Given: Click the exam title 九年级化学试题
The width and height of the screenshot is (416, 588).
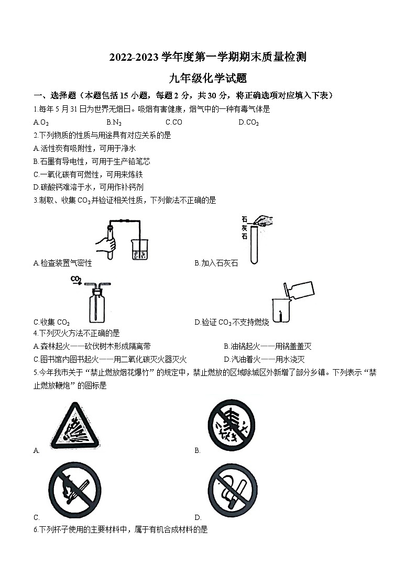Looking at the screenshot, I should tap(207, 79).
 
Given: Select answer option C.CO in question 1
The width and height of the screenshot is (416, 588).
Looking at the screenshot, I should tap(173, 123).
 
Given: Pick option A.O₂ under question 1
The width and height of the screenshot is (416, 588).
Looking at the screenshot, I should tap(41, 123).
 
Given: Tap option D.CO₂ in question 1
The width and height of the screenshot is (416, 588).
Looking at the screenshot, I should tap(248, 123).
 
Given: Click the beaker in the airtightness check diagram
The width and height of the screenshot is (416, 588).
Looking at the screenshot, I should tap(139, 250).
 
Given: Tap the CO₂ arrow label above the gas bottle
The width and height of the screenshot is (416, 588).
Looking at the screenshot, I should tap(77, 279).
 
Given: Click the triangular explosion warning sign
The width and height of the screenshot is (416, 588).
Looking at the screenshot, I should tap(76, 424).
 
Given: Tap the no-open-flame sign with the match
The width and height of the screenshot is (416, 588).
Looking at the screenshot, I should tap(75, 490).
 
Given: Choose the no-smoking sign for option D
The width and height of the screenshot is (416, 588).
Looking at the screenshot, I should tap(232, 490).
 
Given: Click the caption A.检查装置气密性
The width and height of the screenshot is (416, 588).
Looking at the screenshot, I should tap(62, 263).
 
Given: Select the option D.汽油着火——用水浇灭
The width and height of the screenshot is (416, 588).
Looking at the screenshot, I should tap(264, 359).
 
